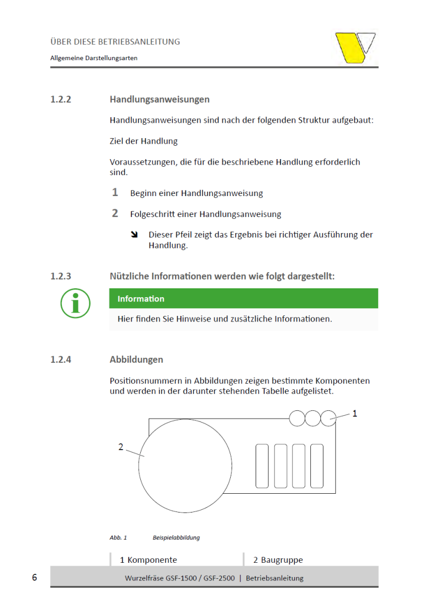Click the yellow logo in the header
356,47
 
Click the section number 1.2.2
61,100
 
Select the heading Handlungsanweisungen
160,100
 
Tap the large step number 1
115,193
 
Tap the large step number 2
115,213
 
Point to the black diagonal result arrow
134,235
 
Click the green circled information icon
76,303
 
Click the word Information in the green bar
141,299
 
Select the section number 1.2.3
61,276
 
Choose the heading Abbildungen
136,360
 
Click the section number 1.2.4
61,360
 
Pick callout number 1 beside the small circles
355,413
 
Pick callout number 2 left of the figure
121,447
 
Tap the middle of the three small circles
313,418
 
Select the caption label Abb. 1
118,537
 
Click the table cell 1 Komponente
149,560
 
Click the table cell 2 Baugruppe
278,560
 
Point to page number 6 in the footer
34,578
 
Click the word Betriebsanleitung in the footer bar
274,578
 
